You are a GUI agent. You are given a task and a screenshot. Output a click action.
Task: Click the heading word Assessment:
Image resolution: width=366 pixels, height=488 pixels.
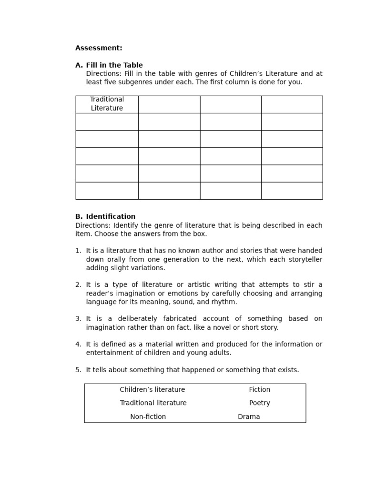tap(99, 48)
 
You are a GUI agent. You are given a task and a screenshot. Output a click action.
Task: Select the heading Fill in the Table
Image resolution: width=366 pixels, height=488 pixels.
tap(114, 65)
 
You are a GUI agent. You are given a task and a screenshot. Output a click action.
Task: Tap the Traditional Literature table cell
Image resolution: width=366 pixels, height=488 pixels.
tap(107, 104)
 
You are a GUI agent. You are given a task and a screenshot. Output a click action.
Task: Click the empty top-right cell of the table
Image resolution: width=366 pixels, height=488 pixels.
tap(292, 104)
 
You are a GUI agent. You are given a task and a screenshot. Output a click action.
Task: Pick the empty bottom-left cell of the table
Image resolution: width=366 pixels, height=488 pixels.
tap(107, 191)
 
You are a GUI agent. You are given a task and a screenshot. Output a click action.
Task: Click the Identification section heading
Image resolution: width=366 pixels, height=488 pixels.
tap(111, 216)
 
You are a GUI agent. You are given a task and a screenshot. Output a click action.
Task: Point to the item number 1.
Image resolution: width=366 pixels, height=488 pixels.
tap(78, 251)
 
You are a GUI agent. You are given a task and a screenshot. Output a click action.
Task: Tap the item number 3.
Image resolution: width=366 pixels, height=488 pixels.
tap(78, 319)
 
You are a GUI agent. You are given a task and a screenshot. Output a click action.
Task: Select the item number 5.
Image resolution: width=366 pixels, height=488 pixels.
tap(78, 370)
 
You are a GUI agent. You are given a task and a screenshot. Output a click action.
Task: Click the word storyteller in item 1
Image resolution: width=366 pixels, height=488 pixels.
tap(304, 259)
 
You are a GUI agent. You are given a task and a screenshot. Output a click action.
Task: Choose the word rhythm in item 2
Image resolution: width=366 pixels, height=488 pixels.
tap(225, 302)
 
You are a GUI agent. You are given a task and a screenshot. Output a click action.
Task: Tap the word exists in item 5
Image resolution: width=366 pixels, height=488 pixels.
tap(286, 370)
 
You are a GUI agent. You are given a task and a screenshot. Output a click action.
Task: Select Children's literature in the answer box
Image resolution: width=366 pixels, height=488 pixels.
tap(152, 390)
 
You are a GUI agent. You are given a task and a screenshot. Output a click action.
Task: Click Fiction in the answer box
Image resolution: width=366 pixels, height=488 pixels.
tap(259, 390)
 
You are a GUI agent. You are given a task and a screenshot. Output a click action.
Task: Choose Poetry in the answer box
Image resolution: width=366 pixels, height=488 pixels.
tap(259, 403)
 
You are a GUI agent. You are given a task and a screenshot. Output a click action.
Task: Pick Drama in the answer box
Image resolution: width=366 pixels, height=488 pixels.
tap(249, 417)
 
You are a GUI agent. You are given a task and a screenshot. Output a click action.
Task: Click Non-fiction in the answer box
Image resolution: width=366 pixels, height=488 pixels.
tap(148, 417)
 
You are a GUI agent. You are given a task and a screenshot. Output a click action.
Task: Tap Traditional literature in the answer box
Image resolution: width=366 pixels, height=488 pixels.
tap(153, 403)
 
